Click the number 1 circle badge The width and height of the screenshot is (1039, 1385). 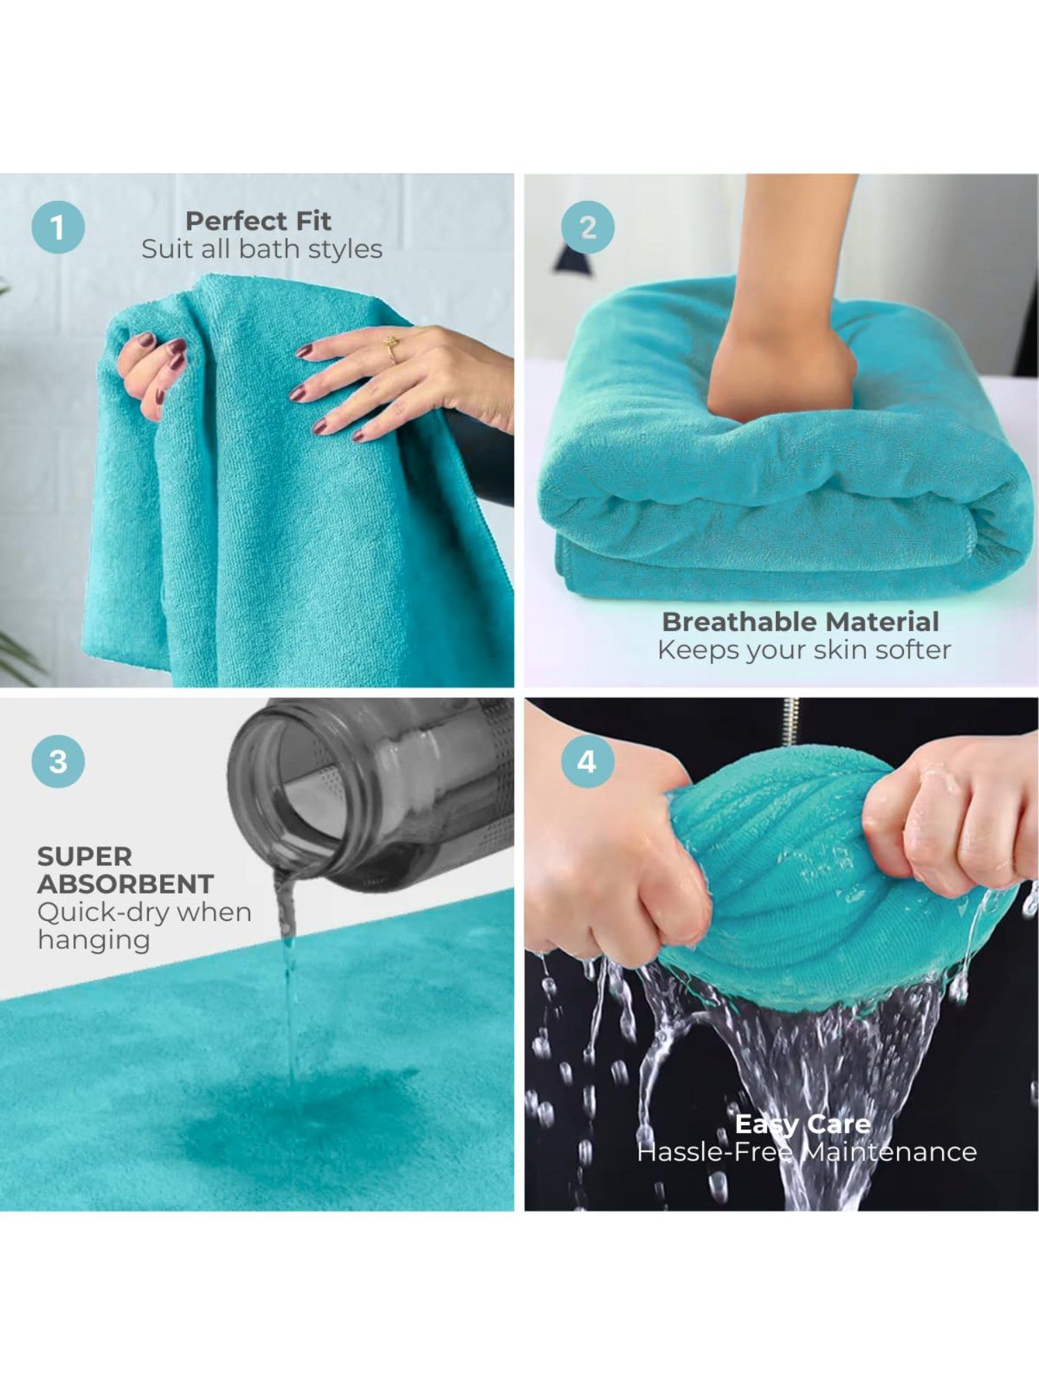[x=58, y=228]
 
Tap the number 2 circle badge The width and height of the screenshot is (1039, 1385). [x=587, y=228]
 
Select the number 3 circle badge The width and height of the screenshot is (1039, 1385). [x=58, y=762]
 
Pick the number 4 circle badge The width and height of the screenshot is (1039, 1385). [x=587, y=762]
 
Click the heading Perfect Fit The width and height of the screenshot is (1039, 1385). [x=258, y=221]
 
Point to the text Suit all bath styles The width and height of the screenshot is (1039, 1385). [x=262, y=249]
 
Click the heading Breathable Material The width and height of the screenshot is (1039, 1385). [x=801, y=621]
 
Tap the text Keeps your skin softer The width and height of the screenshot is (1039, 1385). [x=804, y=650]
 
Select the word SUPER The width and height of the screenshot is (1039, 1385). [x=85, y=857]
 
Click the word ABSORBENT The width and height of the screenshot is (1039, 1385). [x=125, y=884]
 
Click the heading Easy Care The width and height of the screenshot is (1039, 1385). [x=803, y=1123]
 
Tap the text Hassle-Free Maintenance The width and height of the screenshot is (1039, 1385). [x=807, y=1152]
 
